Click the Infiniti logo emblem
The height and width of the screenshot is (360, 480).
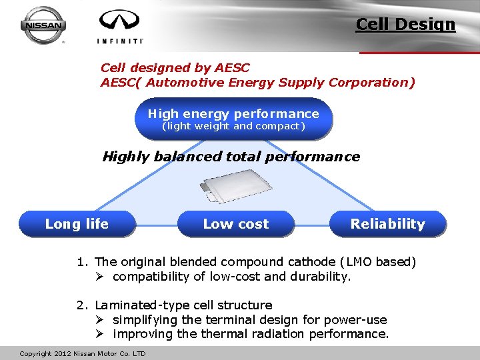tap(120, 21)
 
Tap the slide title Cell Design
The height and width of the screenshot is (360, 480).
tap(405, 25)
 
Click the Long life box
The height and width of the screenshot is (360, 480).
tap(77, 224)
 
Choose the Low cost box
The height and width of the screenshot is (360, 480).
tap(235, 224)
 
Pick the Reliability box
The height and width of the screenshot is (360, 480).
tap(387, 224)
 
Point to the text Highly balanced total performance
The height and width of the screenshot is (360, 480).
tap(231, 157)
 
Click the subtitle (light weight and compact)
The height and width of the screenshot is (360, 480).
tap(233, 126)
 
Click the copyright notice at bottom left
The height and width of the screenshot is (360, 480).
tap(83, 353)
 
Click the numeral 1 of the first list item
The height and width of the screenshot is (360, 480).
tap(80, 262)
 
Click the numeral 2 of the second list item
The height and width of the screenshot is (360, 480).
tap(80, 305)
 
